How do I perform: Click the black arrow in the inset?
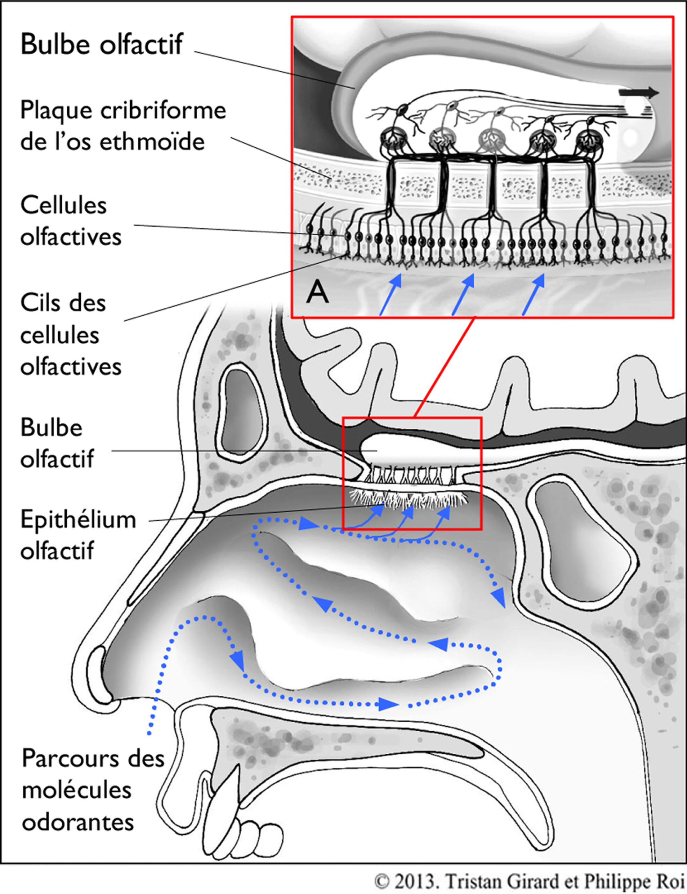coord(638,93)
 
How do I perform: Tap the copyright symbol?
coord(381,881)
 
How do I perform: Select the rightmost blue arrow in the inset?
coord(533,294)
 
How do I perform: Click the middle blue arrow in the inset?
coord(463,294)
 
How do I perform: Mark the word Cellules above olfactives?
coord(63,205)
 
